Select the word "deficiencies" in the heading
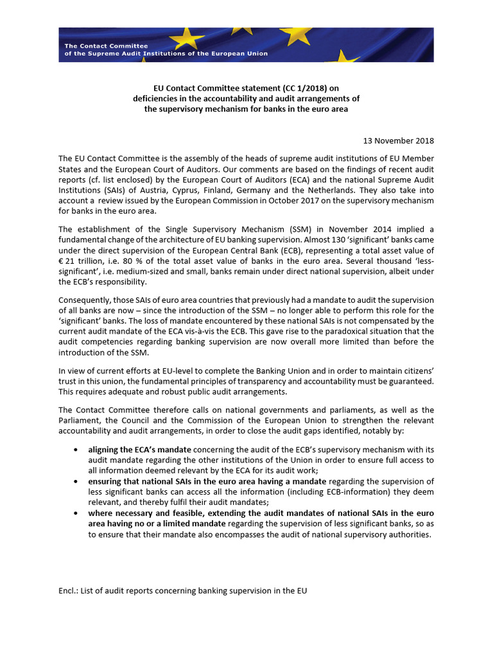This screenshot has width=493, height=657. click(x=155, y=98)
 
